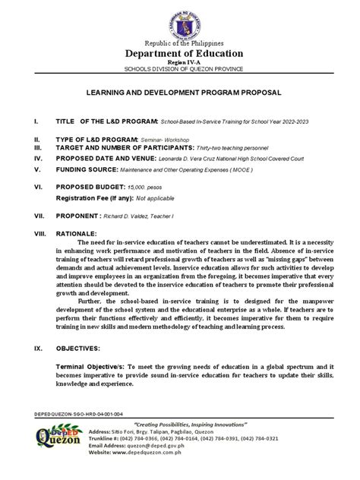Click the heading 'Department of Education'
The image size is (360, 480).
[179, 54]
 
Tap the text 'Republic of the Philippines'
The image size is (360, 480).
[179, 43]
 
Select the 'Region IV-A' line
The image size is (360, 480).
[179, 63]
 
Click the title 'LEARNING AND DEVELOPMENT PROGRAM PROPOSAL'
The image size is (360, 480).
[179, 91]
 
